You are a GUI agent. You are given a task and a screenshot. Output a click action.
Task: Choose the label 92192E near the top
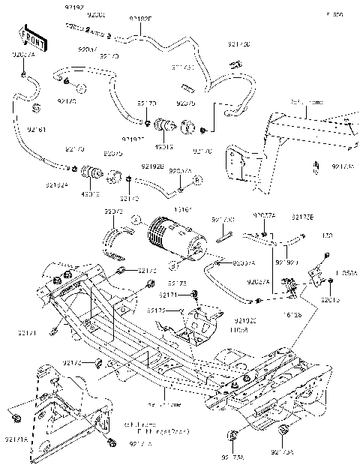139,19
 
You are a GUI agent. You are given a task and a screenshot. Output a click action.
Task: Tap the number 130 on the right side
327,235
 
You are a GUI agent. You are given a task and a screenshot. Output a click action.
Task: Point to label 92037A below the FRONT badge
23,55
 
